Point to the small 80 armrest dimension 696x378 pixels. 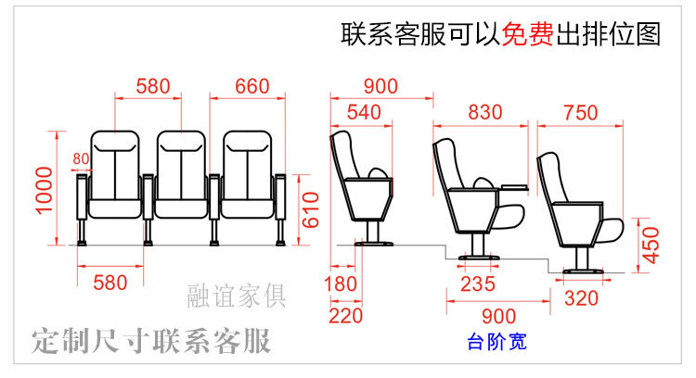(80, 158)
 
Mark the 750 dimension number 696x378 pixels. (580, 113)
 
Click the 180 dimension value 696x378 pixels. (342, 284)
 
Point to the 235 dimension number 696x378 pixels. (478, 284)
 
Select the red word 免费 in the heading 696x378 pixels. (527, 35)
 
